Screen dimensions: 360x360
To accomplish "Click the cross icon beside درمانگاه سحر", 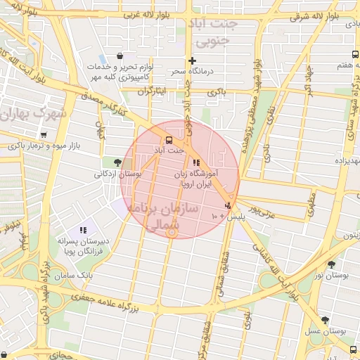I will [x=192, y=61].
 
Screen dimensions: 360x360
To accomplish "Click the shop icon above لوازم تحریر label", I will [x=121, y=56].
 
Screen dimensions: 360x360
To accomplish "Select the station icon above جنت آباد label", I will [x=168, y=139].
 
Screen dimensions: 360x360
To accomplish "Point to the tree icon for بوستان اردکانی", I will [x=117, y=162].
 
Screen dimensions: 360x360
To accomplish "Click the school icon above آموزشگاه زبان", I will [x=195, y=162].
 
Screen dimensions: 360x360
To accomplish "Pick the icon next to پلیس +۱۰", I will [x=227, y=206].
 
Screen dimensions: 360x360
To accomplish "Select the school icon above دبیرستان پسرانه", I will [x=83, y=229].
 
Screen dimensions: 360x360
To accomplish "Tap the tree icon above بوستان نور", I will [x=331, y=264].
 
